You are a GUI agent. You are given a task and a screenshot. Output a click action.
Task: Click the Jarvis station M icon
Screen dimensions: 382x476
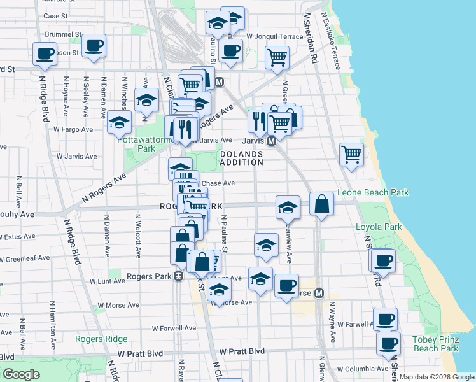coord(270,141)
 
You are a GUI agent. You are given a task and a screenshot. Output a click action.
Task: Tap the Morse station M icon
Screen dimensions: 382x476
coord(319,294)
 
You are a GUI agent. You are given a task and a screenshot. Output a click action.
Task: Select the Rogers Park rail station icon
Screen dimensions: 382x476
coord(179,276)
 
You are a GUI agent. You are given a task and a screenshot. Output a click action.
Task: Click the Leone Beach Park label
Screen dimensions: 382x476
coord(372,192)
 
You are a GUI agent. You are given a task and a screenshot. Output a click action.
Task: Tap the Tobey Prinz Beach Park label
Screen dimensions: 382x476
coord(436,343)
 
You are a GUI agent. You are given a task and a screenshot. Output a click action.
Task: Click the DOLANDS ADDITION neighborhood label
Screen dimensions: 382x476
coord(242,158)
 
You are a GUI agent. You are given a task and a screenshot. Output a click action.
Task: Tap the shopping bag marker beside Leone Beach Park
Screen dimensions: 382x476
coord(323,204)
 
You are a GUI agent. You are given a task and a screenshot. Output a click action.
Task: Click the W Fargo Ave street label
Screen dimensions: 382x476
coord(73,129)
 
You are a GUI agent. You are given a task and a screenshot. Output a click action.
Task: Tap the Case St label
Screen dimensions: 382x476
coord(56,15)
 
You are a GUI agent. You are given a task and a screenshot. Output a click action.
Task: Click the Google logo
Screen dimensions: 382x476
coord(22,374)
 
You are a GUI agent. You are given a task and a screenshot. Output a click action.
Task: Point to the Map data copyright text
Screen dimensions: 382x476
coord(437,377)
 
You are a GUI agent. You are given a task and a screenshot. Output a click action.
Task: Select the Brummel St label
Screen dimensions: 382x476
coord(63,34)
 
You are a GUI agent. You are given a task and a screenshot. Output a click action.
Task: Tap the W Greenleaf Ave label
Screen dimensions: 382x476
coord(25,259)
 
